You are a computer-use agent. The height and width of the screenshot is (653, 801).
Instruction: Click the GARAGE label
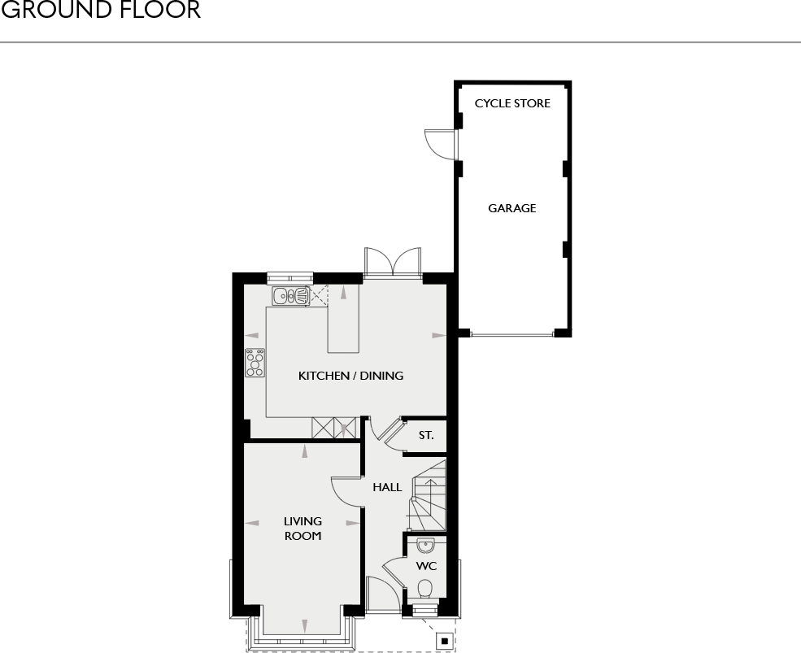pyautogui.click(x=512, y=208)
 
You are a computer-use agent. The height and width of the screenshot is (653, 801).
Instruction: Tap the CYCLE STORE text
pyautogui.click(x=512, y=103)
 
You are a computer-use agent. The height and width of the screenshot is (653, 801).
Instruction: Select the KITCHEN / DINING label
pyautogui.click(x=351, y=376)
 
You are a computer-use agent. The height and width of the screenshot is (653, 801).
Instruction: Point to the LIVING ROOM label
pyautogui.click(x=303, y=529)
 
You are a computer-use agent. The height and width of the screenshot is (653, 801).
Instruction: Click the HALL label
pyautogui.click(x=387, y=487)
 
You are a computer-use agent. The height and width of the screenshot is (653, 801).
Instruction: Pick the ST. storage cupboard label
pyautogui.click(x=426, y=435)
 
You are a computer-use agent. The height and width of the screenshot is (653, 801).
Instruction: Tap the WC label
pyautogui.click(x=426, y=566)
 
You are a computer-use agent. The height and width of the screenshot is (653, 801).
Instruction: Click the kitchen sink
pyautogui.click(x=290, y=295)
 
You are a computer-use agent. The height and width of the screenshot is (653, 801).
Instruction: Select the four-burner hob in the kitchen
pyautogui.click(x=255, y=363)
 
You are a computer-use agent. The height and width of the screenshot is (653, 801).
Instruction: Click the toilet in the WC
pyautogui.click(x=424, y=589)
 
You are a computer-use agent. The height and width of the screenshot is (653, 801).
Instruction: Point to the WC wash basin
pyautogui.click(x=425, y=546)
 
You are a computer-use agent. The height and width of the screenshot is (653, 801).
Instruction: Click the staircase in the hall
pyautogui.click(x=427, y=495)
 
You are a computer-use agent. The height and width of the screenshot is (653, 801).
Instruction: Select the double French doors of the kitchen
pyautogui.click(x=392, y=263)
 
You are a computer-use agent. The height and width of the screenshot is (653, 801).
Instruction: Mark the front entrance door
pyautogui.click(x=383, y=594)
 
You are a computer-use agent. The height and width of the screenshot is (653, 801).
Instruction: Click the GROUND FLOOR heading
pyautogui.click(x=101, y=10)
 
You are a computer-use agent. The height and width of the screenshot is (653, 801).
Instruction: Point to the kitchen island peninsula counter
pyautogui.click(x=343, y=319)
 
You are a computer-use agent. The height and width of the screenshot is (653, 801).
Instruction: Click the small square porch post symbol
pyautogui.click(x=445, y=641)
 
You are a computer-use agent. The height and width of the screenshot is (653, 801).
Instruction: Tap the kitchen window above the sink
pyautogui.click(x=290, y=277)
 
